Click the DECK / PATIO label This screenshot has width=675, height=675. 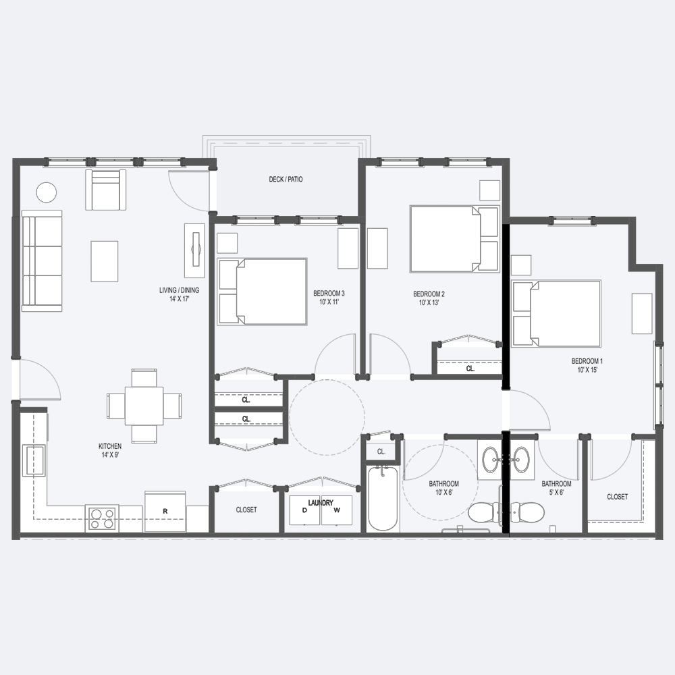coord(286,179)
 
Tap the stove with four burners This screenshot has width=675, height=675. coord(103,518)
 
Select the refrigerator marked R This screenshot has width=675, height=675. coord(165,512)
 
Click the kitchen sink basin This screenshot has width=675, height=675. coord(35,460)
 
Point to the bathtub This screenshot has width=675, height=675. coord(383,499)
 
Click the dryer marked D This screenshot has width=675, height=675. coord(305,510)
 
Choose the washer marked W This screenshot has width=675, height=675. coord(337,510)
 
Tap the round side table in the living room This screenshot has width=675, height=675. coord(47,192)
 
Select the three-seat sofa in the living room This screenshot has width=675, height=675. coord(42,261)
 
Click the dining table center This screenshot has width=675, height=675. coord(144,406)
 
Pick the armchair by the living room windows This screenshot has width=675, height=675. coord(105,190)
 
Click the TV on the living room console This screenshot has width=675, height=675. coord(196,249)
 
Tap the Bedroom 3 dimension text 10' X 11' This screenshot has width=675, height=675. coord(329,302)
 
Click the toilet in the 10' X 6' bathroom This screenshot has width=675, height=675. coord(484,513)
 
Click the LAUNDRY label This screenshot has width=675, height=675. coord(321,503)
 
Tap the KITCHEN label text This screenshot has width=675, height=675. coord(110,446)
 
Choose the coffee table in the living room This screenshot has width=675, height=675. coord(104,261)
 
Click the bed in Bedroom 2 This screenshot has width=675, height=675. coord(454,239)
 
